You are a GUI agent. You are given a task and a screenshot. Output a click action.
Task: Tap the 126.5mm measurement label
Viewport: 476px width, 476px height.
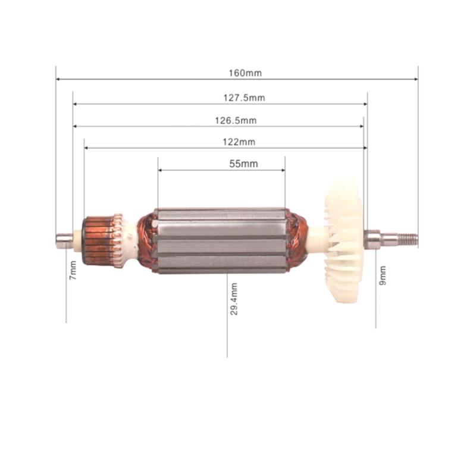coord(236,120)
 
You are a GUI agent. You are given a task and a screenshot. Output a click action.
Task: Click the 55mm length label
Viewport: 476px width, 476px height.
coord(243,164)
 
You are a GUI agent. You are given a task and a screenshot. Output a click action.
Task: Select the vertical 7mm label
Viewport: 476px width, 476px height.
coord(73,271)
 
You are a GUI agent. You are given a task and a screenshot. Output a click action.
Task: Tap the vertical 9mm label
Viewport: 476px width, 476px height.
coord(383,274)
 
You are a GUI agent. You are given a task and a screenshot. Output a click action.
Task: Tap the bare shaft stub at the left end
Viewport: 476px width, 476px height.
coord(63,239)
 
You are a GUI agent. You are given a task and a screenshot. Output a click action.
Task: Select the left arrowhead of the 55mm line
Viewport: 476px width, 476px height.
coord(161,170)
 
